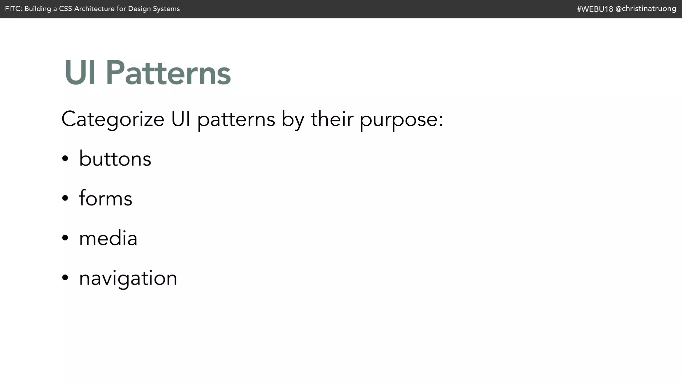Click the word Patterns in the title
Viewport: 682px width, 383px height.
[x=168, y=73]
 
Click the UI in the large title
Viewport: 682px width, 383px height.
[x=80, y=73]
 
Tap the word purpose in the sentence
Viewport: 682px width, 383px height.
[x=398, y=119]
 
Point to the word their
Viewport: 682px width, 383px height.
[x=332, y=119]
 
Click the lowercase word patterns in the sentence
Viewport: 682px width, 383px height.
[x=236, y=119]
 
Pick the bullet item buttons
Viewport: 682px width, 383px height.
[x=115, y=159]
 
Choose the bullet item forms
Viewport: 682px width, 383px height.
[x=106, y=198]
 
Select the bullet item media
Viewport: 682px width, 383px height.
[x=108, y=238]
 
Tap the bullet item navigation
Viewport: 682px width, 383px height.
[x=128, y=278]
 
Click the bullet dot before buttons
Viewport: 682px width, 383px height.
[x=65, y=159]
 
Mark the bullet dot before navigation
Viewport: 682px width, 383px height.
[x=65, y=278]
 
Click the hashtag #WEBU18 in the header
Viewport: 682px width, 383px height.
[x=595, y=9]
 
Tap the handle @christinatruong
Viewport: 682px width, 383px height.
[x=646, y=9]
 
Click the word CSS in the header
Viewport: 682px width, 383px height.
[x=66, y=9]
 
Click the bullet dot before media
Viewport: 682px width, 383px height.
[x=65, y=238]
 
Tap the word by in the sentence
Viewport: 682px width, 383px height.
[x=293, y=119]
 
